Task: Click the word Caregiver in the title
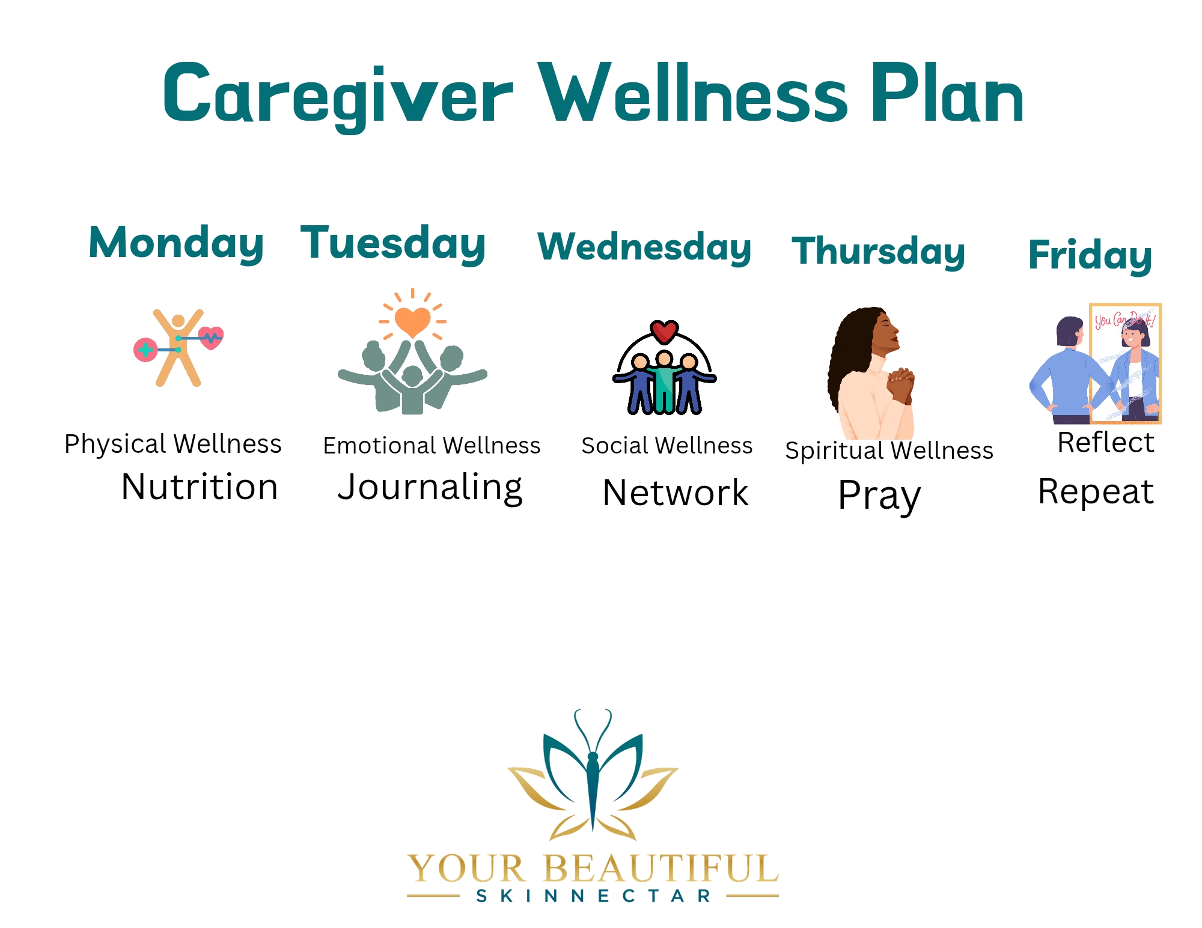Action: (x=338, y=95)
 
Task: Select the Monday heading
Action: (x=176, y=244)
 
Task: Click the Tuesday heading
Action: (x=393, y=244)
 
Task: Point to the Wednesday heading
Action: (x=644, y=247)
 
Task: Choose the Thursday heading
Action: (x=878, y=252)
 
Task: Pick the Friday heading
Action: (x=1090, y=255)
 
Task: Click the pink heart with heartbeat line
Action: (x=211, y=338)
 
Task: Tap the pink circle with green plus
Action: (x=145, y=350)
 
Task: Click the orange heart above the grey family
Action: (x=412, y=321)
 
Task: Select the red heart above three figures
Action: (x=664, y=331)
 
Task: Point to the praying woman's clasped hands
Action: (x=901, y=385)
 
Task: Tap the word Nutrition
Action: (x=200, y=487)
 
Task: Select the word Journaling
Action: (x=430, y=488)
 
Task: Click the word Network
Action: (x=676, y=493)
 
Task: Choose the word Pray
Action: (x=879, y=496)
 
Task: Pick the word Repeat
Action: (x=1096, y=492)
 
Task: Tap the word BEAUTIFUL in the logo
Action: (x=661, y=869)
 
